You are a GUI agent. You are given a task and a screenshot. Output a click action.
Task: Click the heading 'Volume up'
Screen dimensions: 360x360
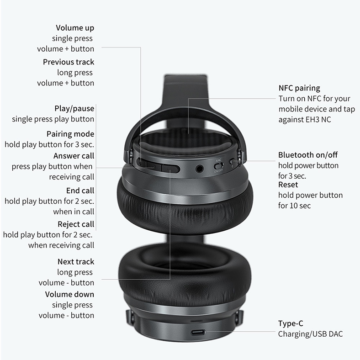tap(75, 28)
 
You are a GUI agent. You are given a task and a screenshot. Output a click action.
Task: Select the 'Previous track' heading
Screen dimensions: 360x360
tap(69, 62)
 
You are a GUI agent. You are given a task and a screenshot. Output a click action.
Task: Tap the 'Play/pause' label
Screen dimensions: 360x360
tap(74, 109)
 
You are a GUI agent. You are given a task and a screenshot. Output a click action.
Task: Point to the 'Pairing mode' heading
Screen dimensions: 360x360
tap(70, 134)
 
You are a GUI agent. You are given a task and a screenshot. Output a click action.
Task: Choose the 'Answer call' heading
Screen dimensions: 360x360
tap(74, 156)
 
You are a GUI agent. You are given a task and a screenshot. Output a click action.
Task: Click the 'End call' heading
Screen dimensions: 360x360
tap(80, 191)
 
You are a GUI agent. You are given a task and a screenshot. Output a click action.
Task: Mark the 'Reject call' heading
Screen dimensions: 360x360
tap(76, 224)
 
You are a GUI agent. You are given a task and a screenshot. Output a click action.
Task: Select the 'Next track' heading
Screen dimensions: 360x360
tap(75, 262)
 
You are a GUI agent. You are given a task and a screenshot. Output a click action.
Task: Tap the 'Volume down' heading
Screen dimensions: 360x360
tap(69, 295)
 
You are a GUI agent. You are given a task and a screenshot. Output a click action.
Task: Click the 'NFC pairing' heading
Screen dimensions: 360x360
tap(299, 88)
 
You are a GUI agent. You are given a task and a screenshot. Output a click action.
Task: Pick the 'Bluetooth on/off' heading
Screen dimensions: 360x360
tap(308, 155)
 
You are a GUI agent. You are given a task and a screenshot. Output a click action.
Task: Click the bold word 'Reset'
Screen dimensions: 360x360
tap(288, 185)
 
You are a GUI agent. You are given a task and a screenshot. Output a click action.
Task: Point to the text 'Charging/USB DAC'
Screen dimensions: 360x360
tap(310, 334)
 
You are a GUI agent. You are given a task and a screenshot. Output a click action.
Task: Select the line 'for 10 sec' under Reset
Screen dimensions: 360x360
tap(294, 206)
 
